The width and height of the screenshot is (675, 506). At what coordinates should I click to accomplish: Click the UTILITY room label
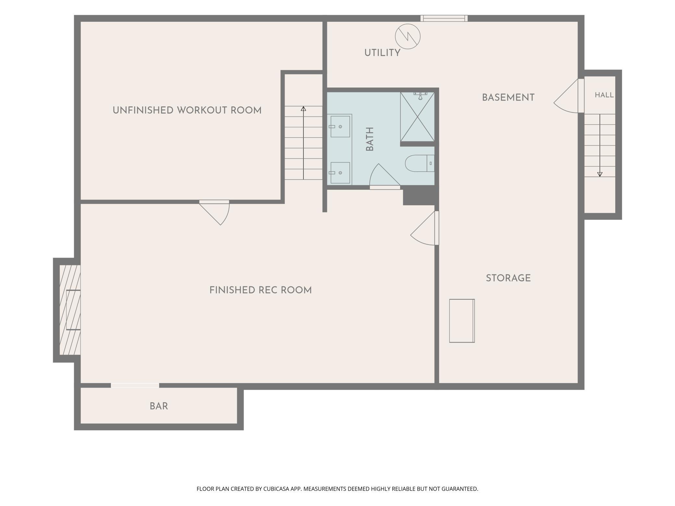[382, 53]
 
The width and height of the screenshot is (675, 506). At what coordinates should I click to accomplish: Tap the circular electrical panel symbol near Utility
[408, 36]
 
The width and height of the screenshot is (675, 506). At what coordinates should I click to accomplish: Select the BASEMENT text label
[508, 98]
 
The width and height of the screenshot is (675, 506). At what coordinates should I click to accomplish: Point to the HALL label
[604, 95]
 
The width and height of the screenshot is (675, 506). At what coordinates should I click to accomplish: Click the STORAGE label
[508, 278]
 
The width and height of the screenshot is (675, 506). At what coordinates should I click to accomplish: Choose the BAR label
[159, 406]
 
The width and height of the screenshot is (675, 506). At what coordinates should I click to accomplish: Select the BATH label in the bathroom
[370, 139]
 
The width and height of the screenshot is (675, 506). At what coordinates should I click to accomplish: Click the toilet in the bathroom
[420, 163]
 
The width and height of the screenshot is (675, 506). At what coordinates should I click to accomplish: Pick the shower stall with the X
[417, 117]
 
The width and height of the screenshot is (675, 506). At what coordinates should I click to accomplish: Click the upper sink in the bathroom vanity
[340, 126]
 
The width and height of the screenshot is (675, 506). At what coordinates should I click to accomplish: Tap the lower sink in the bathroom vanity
[340, 173]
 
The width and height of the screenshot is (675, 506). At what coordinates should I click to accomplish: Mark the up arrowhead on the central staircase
[303, 109]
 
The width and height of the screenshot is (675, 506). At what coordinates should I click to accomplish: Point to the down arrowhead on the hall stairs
[600, 174]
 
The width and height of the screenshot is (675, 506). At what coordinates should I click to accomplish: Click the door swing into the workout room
[215, 212]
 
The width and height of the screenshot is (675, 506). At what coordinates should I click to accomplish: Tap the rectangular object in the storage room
[462, 321]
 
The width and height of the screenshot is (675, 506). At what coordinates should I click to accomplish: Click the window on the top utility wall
[444, 18]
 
